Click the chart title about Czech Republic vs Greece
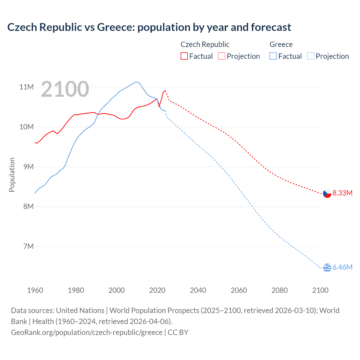(149, 27)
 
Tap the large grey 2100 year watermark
(65, 89)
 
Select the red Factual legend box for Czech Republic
(184, 56)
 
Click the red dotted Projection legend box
(222, 56)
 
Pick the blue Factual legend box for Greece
(273, 56)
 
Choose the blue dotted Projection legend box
(310, 56)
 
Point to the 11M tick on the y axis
(26, 87)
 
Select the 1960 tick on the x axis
(35, 290)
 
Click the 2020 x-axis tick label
(157, 290)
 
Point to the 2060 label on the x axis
(239, 290)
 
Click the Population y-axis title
(12, 175)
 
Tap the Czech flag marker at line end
(327, 193)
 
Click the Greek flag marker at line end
(327, 267)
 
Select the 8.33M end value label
(342, 193)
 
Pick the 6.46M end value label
(342, 267)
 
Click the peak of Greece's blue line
(137, 82)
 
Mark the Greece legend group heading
(281, 44)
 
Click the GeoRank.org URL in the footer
(87, 332)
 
